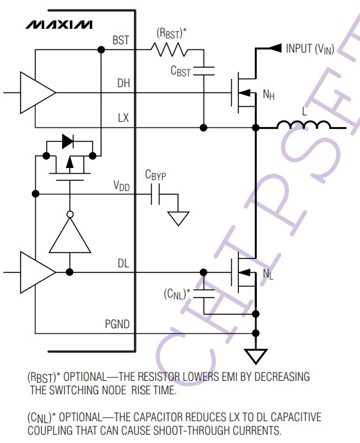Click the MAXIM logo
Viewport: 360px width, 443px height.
(59, 24)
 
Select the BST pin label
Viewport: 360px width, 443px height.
(121, 40)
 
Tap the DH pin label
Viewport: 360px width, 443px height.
(124, 83)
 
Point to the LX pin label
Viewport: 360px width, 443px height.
(124, 117)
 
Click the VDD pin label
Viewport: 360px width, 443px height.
(122, 186)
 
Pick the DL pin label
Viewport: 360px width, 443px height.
(124, 263)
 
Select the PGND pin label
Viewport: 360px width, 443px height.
(117, 324)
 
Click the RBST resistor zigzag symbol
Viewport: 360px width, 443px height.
(169, 49)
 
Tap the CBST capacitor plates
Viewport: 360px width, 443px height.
(204, 71)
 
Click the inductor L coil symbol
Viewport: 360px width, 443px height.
(304, 124)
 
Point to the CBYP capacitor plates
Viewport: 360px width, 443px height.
(155, 194)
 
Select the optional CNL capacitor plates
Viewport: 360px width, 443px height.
(204, 294)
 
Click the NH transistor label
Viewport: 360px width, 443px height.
(268, 95)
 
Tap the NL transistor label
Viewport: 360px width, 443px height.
(268, 274)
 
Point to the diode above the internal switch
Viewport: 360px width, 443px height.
(68, 141)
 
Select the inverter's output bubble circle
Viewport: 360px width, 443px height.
(70, 214)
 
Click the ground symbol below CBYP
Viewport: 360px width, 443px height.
(178, 219)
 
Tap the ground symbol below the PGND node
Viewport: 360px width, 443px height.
(256, 356)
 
